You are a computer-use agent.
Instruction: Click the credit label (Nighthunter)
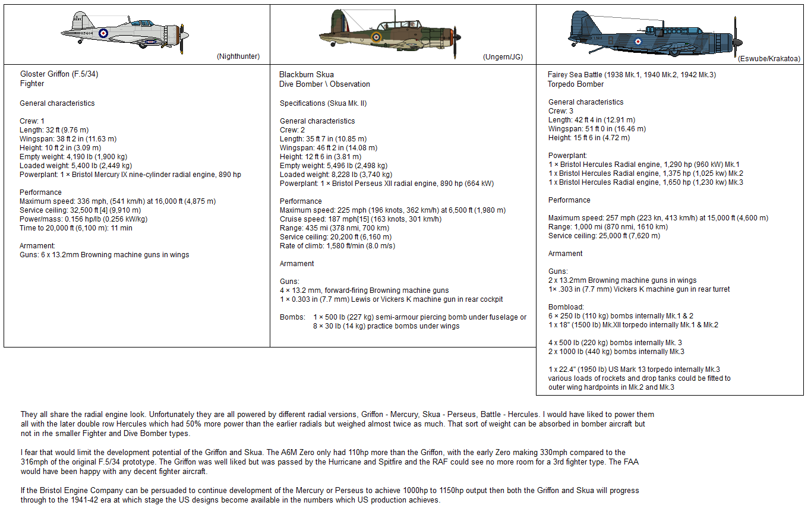point(238,57)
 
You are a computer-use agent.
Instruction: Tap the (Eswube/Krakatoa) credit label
point(769,59)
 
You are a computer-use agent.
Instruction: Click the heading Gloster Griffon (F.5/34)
point(58,74)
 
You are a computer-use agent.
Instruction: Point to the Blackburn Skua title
point(307,75)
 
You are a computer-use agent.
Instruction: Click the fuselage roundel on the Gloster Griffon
point(103,34)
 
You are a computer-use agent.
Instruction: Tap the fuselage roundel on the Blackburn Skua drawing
point(375,37)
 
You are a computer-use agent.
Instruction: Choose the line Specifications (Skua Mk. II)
point(323,103)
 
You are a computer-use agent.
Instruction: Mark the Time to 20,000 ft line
point(76,228)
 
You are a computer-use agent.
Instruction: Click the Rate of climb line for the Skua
point(337,246)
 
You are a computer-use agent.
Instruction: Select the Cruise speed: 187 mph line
point(368,219)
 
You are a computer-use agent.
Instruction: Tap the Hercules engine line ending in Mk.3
point(645,182)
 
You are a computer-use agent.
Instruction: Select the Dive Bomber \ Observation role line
point(324,84)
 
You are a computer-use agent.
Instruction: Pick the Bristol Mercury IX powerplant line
point(130,175)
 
